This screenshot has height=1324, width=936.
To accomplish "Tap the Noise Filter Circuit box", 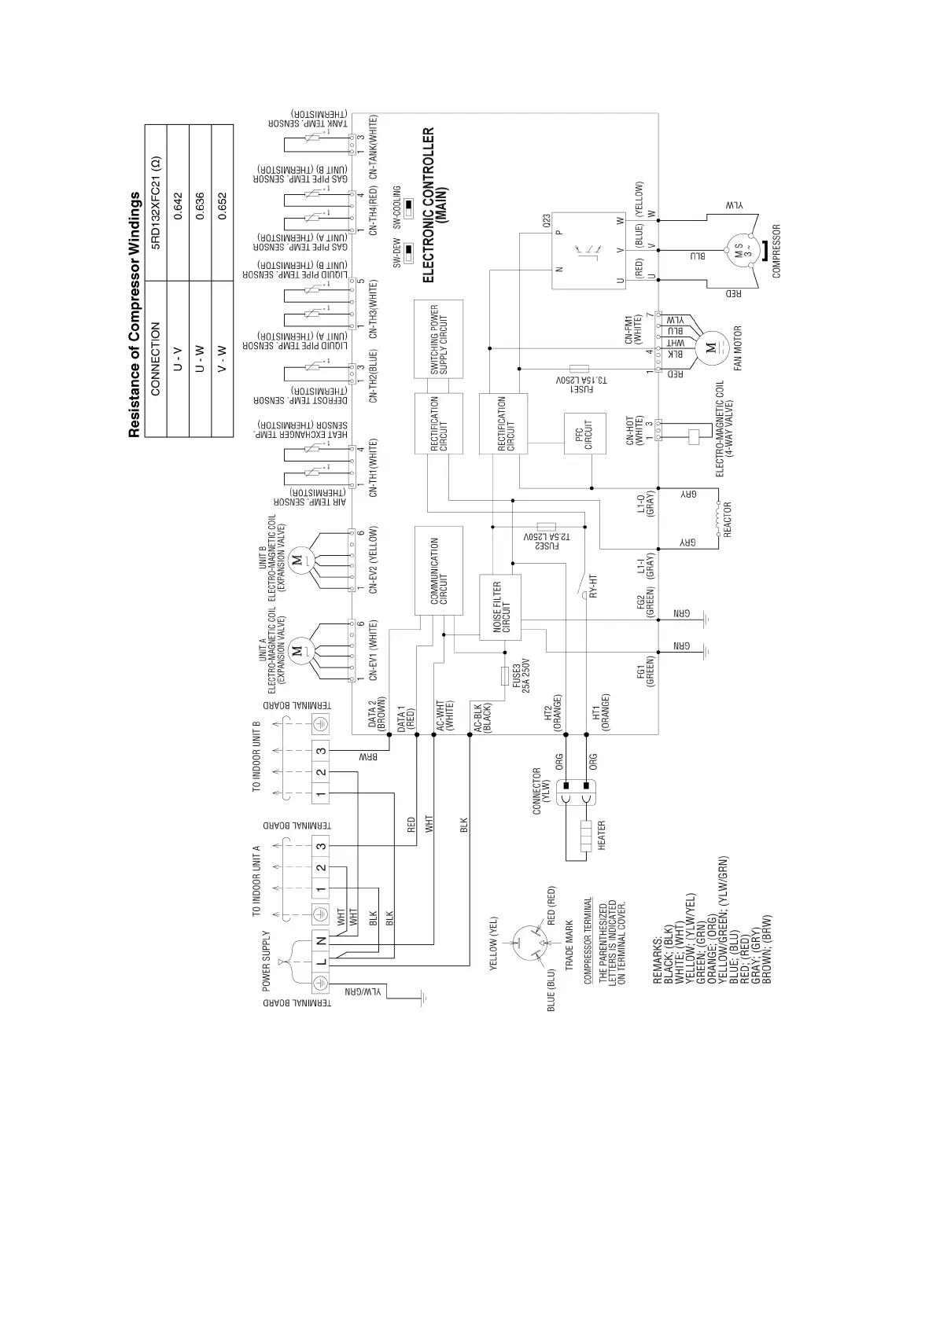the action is coord(501,608).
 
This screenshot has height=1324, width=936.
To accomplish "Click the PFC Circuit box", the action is coord(584,433).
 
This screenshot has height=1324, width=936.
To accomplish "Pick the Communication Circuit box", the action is coord(438,571).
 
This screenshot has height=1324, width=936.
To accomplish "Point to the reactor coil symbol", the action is coord(717,517).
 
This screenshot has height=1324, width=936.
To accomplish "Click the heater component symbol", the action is coord(584,837).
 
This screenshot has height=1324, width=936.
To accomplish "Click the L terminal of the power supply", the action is coord(321,962).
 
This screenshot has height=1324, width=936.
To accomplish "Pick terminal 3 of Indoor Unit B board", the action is coord(321,750).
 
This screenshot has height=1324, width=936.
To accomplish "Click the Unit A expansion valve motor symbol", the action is coord(297,650).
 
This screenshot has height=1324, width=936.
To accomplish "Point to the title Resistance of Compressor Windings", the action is coord(135,314).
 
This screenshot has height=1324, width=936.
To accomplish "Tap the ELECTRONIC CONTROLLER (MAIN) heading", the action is coord(434,205).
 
